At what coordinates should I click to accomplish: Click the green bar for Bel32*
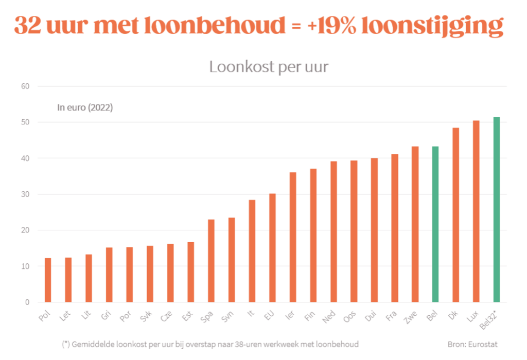pyautogui.click(x=496, y=209)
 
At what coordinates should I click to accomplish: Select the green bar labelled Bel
pyautogui.click(x=435, y=224)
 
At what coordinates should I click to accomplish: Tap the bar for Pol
pyautogui.click(x=48, y=280)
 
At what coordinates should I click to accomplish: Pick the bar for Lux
pyautogui.click(x=476, y=211)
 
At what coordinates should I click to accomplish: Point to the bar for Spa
pyautogui.click(x=211, y=261)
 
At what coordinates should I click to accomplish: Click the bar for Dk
pyautogui.click(x=455, y=215)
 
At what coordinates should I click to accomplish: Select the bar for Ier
pyautogui.click(x=293, y=237)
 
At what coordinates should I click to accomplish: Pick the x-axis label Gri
pyautogui.click(x=106, y=315)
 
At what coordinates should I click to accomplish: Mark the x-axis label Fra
pyautogui.click(x=391, y=315)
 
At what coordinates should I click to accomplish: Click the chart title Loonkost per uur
pyautogui.click(x=268, y=67)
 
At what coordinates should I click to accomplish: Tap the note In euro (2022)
pyautogui.click(x=85, y=108)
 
